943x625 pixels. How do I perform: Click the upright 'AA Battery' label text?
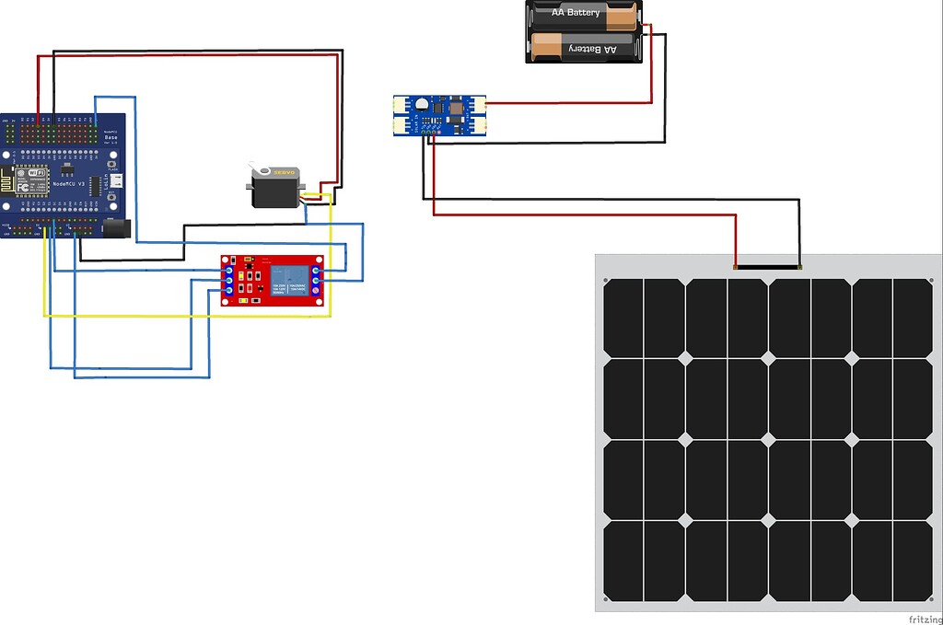coord(576,13)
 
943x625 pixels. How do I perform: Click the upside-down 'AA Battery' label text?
coord(596,48)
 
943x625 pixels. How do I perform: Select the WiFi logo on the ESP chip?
coord(37,173)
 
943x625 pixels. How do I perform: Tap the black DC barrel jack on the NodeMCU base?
coord(117,230)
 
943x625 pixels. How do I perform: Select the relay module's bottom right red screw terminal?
coord(316,291)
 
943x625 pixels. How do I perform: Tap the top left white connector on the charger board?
coord(401,104)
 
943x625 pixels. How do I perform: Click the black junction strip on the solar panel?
coord(769,268)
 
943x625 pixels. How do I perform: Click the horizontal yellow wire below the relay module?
coord(184,316)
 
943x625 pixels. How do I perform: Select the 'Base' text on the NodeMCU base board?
coord(111,137)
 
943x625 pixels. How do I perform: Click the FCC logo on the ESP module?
coord(22,187)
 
